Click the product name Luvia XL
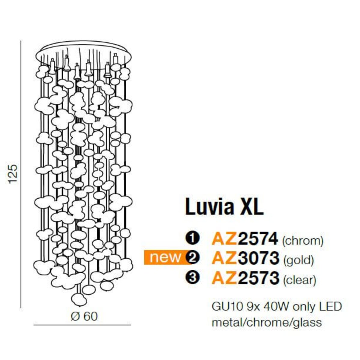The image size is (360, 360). [224, 207]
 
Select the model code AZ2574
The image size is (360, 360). [245, 239]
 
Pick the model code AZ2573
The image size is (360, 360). [245, 278]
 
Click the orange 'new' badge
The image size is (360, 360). [166, 257]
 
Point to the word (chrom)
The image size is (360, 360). [303, 241]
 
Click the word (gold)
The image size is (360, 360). [298, 259]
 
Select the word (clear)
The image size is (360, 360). [300, 279]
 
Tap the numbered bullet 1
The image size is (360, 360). [192, 239]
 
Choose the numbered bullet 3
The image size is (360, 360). [192, 278]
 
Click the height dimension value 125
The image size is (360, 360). [13, 174]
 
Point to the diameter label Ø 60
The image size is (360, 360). [84, 316]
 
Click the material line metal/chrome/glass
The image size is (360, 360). [267, 322]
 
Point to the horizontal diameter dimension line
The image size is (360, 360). [82, 325]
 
